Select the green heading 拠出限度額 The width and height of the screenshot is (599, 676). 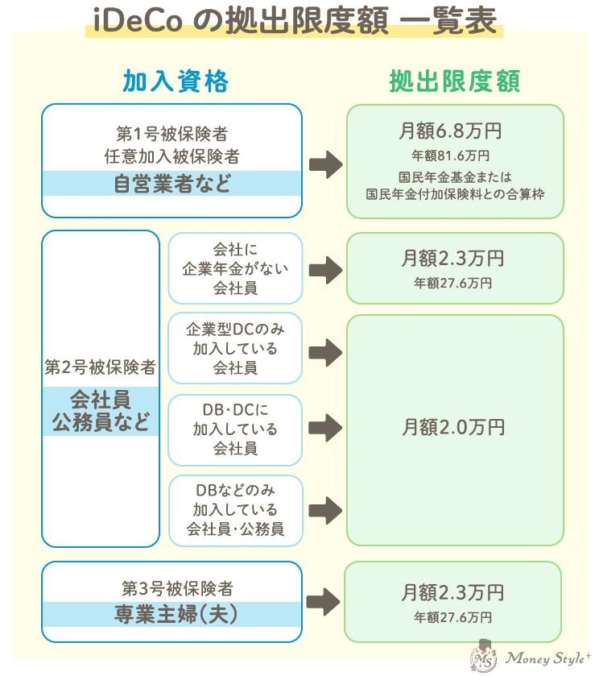(x=454, y=81)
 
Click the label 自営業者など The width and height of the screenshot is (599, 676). (x=171, y=184)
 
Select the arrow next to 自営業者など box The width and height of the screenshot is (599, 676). (x=325, y=164)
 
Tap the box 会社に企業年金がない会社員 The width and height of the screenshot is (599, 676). (x=235, y=268)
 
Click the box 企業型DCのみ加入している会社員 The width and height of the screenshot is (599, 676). (x=235, y=348)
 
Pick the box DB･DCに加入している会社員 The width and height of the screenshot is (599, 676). (x=235, y=429)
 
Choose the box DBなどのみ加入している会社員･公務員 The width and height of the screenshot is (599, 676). (x=235, y=510)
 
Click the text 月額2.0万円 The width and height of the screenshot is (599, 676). (x=453, y=427)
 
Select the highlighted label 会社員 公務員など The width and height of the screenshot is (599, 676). (x=101, y=411)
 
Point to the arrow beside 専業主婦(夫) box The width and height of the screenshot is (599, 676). (x=324, y=601)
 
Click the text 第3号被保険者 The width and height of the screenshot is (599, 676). (x=171, y=589)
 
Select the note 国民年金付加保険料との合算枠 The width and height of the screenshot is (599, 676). (x=453, y=194)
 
